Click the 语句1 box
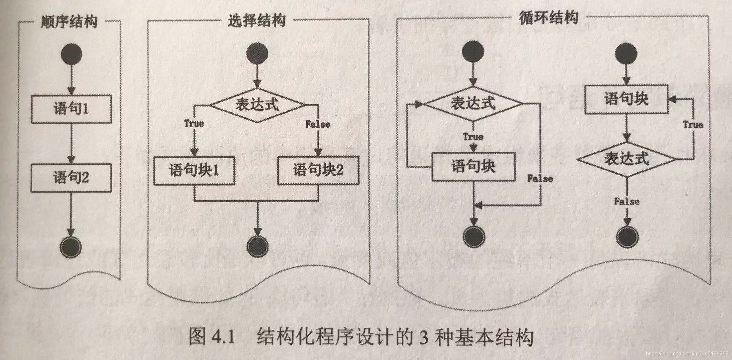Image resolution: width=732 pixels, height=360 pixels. [71, 109]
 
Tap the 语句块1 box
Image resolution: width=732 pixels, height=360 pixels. [194, 170]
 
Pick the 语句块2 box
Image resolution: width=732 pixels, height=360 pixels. [318, 170]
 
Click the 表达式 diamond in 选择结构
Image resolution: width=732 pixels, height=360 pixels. [257, 105]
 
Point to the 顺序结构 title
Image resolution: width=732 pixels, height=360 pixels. [69, 22]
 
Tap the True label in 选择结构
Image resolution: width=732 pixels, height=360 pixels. [194, 124]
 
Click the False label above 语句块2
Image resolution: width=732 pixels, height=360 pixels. [318, 124]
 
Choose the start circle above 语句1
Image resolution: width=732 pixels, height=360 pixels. [71, 54]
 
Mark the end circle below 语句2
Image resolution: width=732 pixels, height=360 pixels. [71, 247]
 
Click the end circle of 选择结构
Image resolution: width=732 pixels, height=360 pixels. [257, 246]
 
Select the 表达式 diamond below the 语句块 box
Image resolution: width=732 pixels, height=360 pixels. [627, 159]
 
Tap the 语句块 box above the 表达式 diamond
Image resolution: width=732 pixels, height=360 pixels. [626, 99]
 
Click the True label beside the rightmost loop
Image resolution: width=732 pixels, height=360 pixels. [693, 125]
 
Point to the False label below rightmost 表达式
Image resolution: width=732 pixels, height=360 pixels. [627, 202]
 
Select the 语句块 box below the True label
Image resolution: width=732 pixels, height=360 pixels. [473, 167]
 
